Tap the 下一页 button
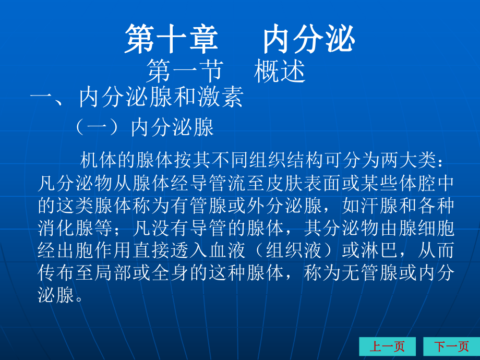tap(451, 346)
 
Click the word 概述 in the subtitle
tap(280, 71)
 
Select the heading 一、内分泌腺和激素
tap(137, 98)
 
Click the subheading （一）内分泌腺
tap(144, 127)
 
